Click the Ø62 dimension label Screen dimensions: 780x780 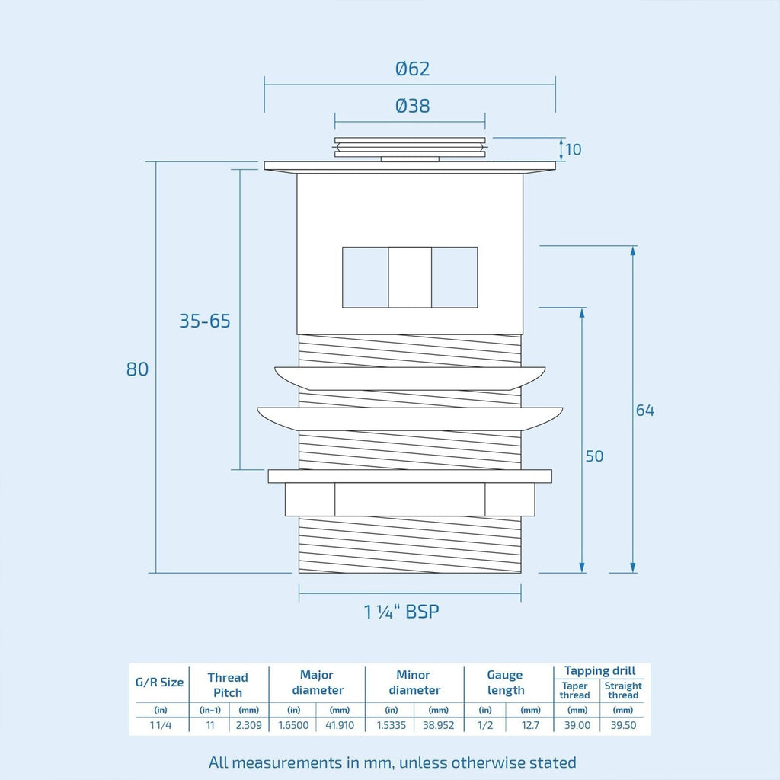[412, 69]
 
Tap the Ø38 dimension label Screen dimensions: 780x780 [412, 106]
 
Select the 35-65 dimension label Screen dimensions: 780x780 [205, 321]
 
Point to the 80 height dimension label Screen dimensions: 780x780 [137, 369]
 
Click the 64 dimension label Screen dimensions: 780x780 [645, 410]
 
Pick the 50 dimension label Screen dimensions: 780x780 [594, 456]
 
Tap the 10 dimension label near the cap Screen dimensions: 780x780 [574, 149]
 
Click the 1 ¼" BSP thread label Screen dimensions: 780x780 [401, 612]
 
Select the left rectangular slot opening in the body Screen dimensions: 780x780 [365, 277]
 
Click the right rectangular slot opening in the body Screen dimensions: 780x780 [455, 277]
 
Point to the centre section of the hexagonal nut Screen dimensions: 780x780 [410, 500]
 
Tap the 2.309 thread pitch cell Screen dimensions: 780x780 [249, 725]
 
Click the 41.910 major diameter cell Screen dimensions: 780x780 [340, 725]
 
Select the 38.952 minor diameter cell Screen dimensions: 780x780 [438, 725]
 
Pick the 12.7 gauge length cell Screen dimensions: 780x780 [530, 725]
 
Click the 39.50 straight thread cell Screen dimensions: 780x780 [623, 725]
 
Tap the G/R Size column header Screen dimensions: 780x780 [160, 682]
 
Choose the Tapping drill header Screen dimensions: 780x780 [600, 671]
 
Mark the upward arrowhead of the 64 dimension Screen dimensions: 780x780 [633, 251]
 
